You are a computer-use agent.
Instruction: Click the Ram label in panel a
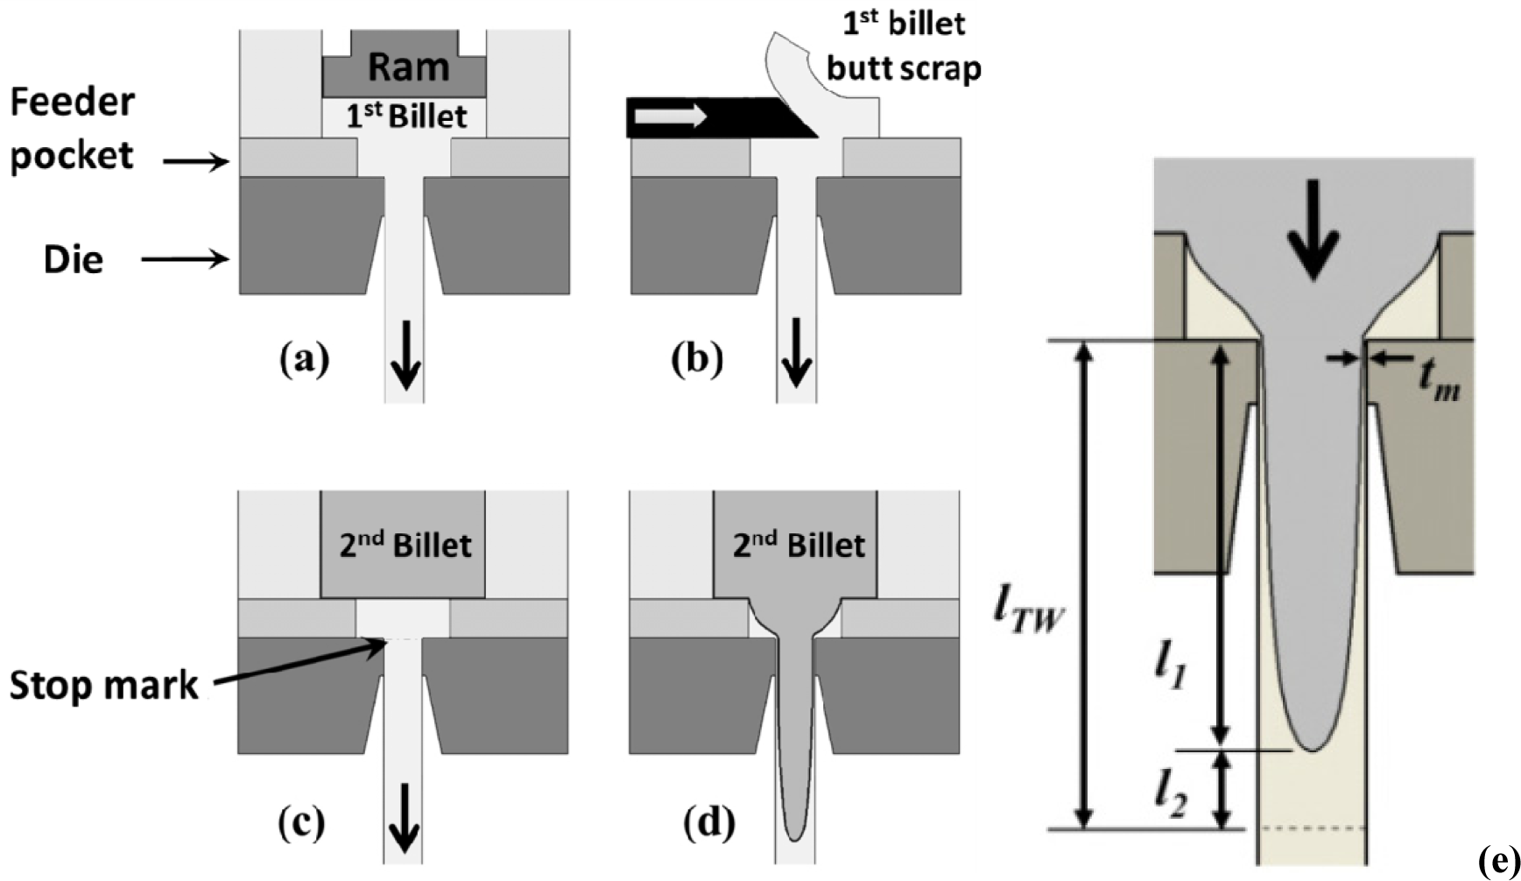tap(408, 67)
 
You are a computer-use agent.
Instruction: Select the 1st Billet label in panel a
tap(405, 116)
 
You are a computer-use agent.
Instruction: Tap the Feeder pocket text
tap(72, 129)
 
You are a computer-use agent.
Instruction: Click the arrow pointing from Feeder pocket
tap(196, 161)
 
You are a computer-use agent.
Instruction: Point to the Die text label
tap(74, 259)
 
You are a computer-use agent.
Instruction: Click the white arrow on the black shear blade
tap(671, 115)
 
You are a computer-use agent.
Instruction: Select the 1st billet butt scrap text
tap(904, 46)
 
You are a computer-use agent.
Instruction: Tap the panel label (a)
tap(304, 359)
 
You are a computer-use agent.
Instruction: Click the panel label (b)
tap(697, 359)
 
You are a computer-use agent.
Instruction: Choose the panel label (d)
tap(708, 822)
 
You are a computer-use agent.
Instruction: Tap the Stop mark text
tap(103, 685)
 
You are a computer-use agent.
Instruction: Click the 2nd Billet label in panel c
tap(405, 545)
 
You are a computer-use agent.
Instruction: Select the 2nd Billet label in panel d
tap(799, 545)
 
